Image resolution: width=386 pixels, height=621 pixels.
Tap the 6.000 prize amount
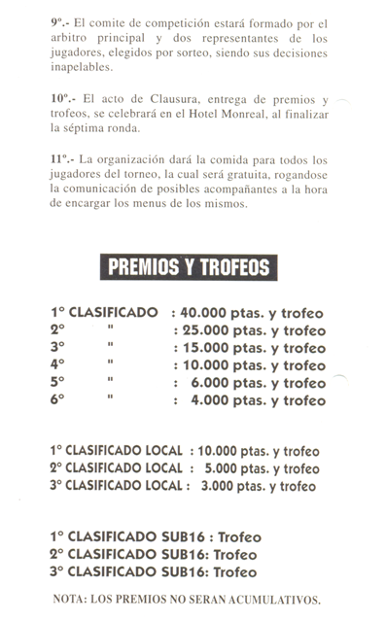(x=211, y=383)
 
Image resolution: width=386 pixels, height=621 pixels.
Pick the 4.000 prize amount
(x=211, y=400)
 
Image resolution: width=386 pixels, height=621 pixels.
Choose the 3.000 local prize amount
(x=216, y=486)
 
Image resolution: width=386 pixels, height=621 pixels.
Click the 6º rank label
(x=59, y=400)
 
